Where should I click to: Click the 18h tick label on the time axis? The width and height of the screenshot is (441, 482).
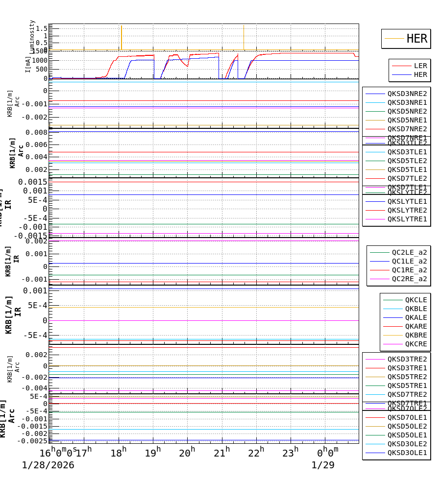(118, 453)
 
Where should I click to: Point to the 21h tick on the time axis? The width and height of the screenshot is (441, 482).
(221, 453)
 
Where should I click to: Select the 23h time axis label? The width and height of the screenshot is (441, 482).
(290, 453)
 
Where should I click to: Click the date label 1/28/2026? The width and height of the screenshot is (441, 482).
(48, 465)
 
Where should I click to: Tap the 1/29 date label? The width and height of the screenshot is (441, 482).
(323, 465)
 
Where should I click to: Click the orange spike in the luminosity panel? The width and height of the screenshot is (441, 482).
(122, 37)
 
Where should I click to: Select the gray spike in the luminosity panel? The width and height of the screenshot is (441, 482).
(244, 37)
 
